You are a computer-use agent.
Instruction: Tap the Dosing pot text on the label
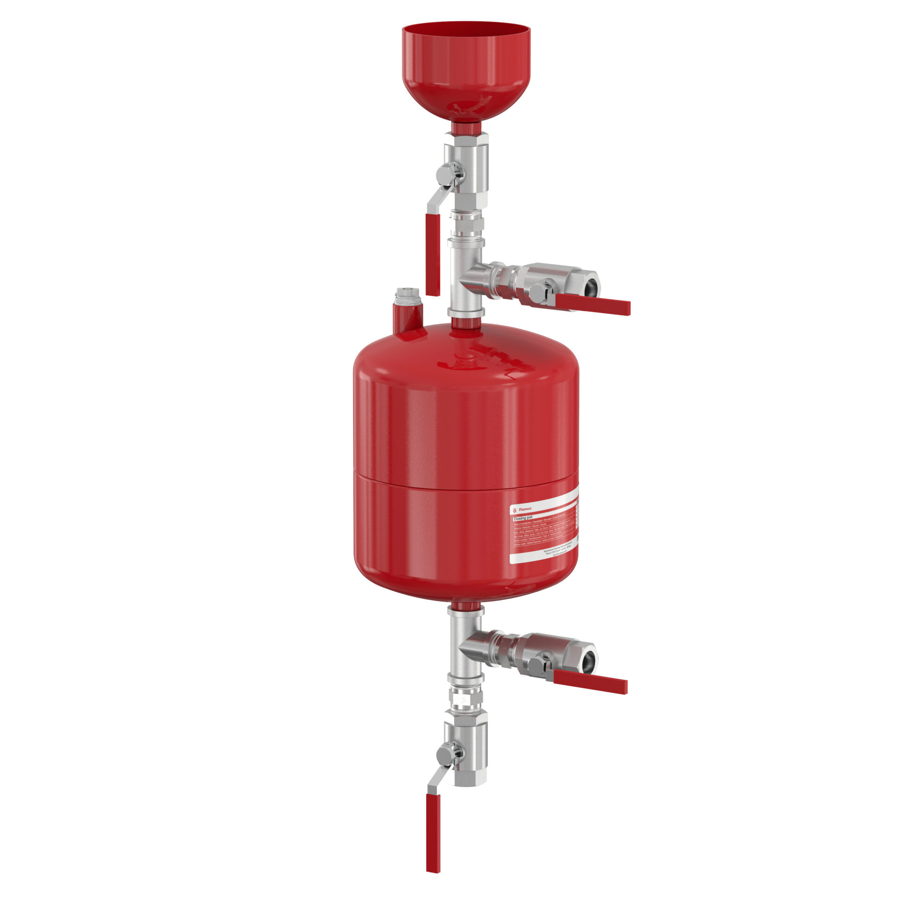[x=523, y=518]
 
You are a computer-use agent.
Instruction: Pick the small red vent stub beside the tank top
[x=408, y=318]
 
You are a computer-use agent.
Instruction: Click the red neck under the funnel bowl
[x=466, y=127]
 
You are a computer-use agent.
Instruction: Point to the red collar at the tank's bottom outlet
[x=466, y=607]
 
